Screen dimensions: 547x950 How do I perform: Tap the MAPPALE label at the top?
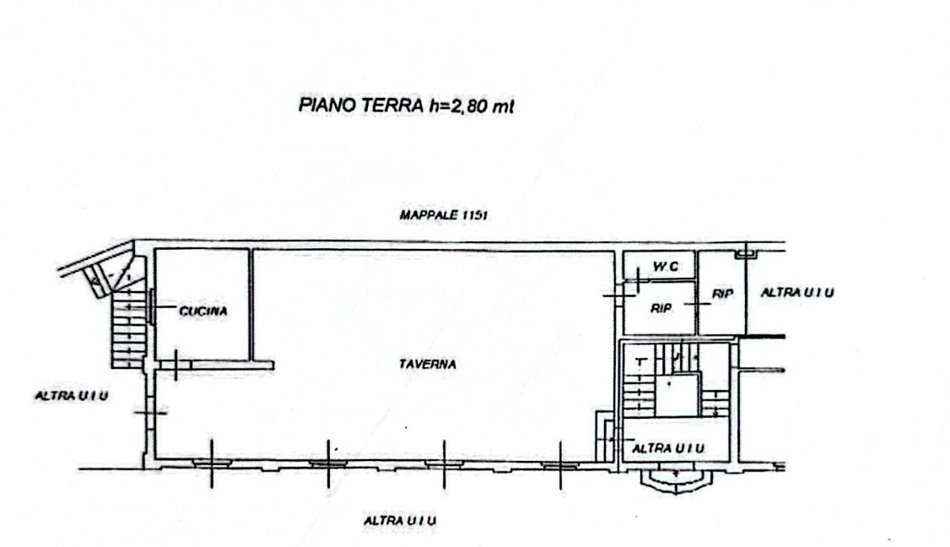[428, 215]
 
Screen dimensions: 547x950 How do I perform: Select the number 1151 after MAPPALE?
[474, 215]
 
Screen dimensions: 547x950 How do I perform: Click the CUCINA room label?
[202, 311]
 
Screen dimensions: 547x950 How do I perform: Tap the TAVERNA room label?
[428, 365]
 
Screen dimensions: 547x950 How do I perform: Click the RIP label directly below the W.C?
[661, 309]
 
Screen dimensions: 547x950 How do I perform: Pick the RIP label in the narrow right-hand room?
[722, 295]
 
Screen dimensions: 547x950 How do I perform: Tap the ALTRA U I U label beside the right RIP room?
[797, 293]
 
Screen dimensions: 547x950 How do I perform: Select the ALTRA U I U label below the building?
[400, 521]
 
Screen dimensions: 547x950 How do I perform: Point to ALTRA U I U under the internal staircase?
[668, 447]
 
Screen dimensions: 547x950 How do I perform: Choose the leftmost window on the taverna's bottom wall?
[212, 463]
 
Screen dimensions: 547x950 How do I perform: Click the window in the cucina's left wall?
[150, 305]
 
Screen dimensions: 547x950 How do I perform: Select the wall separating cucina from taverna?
[251, 304]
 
